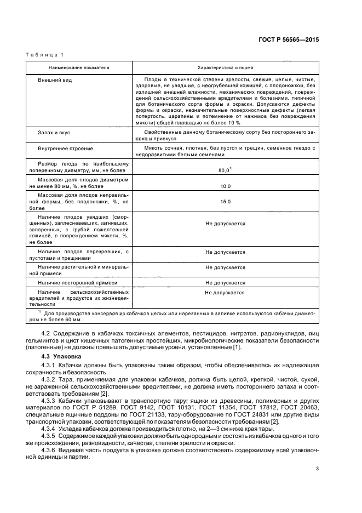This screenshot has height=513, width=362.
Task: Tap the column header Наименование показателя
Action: click(79, 68)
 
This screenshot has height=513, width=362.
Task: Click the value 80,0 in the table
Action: click(224, 170)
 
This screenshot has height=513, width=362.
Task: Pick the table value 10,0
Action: click(225, 186)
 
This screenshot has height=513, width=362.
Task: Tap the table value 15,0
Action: click(225, 202)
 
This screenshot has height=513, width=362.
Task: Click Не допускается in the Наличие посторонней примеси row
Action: click(225, 283)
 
